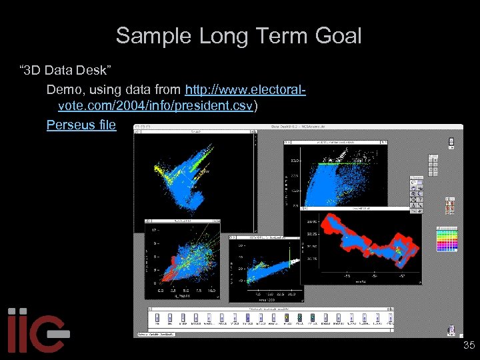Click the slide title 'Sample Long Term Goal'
tap(239, 35)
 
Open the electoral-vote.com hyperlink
tap(245, 89)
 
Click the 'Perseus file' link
tap(81, 125)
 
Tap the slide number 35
tap(469, 345)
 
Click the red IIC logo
tap(37, 331)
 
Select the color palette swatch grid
tap(447, 239)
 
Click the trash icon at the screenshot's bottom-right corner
tap(451, 329)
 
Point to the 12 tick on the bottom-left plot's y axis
tap(155, 230)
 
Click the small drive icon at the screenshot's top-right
tap(451, 141)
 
